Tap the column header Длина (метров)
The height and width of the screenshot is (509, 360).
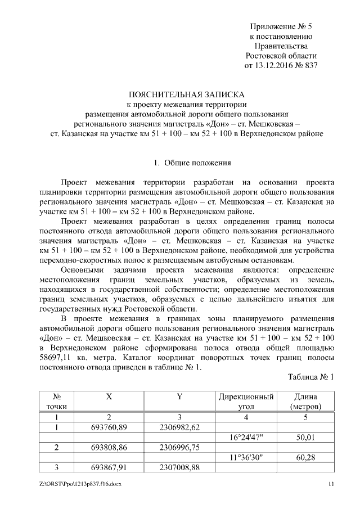(x=305, y=400)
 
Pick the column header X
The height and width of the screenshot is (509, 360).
(x=109, y=396)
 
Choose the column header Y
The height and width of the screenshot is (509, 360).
(x=179, y=396)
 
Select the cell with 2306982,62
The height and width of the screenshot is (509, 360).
(x=179, y=427)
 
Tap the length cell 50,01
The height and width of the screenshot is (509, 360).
(x=305, y=437)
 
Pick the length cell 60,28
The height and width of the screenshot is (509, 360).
(x=305, y=457)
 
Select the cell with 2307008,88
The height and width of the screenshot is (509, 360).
(x=179, y=467)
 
